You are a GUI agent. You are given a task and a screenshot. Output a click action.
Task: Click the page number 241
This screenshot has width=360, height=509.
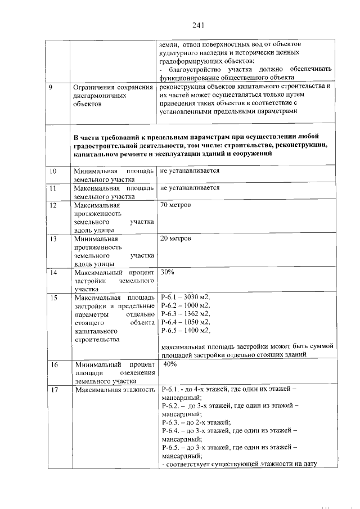coord(197,25)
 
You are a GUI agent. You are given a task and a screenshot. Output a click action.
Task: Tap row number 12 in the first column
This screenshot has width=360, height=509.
coord(53,205)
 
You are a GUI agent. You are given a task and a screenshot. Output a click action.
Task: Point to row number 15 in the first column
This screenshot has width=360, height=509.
coord(53,298)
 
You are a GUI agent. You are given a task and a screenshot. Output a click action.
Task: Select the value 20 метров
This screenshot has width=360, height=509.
coord(175,238)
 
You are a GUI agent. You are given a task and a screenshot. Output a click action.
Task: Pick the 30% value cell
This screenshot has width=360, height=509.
coord(168,272)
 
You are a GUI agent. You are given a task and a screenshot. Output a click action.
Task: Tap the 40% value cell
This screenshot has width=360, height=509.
coord(170,364)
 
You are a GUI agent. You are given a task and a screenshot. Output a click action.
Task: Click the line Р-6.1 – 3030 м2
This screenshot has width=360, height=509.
coord(185,298)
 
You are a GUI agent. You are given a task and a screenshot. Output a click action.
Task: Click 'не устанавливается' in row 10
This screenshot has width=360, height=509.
coord(190,171)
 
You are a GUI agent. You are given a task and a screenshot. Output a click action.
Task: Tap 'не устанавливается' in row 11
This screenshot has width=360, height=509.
coord(190,188)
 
